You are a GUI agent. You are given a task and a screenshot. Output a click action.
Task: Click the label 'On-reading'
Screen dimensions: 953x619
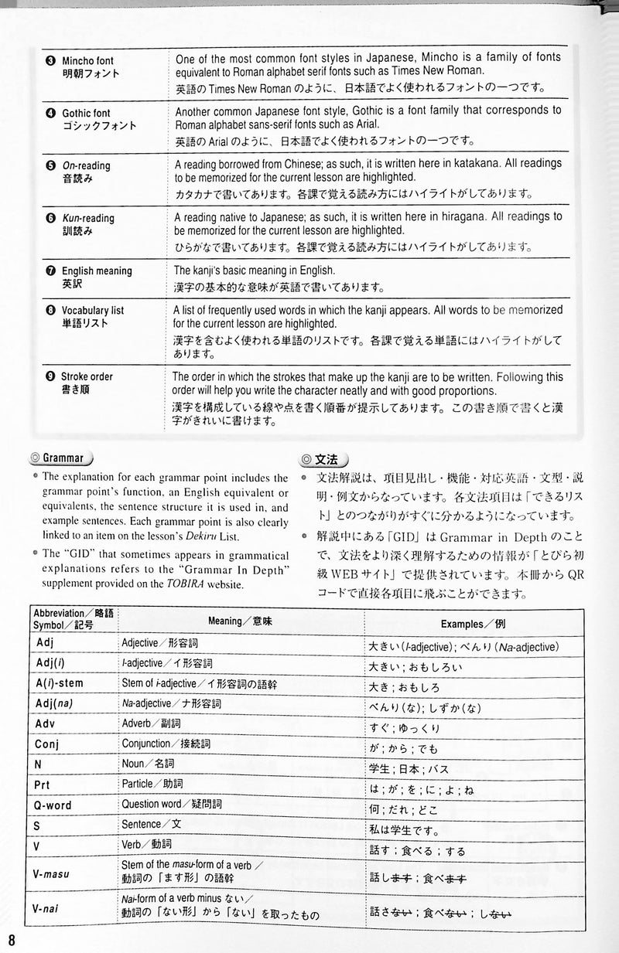[x=87, y=166]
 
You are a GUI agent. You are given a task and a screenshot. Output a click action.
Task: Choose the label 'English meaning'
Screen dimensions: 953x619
[x=97, y=271]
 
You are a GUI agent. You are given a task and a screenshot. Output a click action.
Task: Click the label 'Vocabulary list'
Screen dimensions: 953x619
[x=93, y=311]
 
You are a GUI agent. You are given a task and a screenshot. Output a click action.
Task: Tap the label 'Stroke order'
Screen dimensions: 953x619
[x=87, y=376]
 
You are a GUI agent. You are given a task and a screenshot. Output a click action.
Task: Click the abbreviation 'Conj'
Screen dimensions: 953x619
[x=48, y=744]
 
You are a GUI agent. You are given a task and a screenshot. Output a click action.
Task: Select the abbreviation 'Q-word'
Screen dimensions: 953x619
[x=53, y=805]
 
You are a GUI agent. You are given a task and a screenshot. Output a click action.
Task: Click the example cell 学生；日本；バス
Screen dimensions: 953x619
[x=414, y=765]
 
